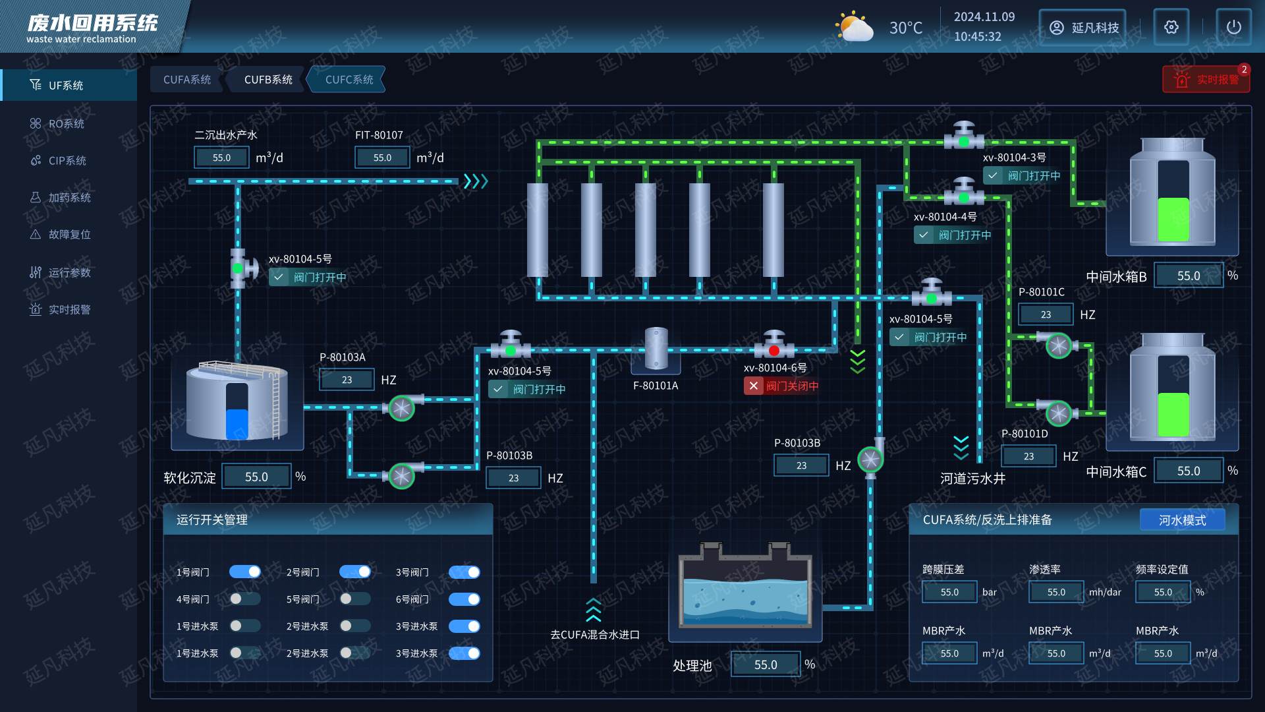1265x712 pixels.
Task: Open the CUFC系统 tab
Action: pyautogui.click(x=349, y=80)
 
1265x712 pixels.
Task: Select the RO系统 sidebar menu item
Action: pyautogui.click(x=66, y=124)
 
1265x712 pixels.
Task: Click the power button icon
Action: pyautogui.click(x=1233, y=27)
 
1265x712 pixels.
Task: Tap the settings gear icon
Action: pyautogui.click(x=1171, y=27)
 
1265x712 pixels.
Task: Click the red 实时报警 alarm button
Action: pyautogui.click(x=1206, y=80)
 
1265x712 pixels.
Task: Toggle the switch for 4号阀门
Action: pyautogui.click(x=244, y=599)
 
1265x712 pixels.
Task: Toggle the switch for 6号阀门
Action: pyautogui.click(x=464, y=599)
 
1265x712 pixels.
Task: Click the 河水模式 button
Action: pyautogui.click(x=1182, y=520)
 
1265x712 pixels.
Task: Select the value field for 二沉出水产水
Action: pyautogui.click(x=221, y=158)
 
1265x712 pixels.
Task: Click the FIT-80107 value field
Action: pyautogui.click(x=382, y=158)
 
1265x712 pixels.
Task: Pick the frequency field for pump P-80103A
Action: pyautogui.click(x=347, y=380)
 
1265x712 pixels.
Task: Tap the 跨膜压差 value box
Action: pyautogui.click(x=949, y=592)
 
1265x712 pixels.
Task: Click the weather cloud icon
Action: pyautogui.click(x=854, y=28)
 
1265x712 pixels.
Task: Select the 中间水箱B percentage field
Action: pyautogui.click(x=1189, y=276)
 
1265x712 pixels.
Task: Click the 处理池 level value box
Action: pyautogui.click(x=766, y=665)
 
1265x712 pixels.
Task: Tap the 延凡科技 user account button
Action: pyautogui.click(x=1082, y=27)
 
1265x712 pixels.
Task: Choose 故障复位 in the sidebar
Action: pyautogui.click(x=69, y=235)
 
